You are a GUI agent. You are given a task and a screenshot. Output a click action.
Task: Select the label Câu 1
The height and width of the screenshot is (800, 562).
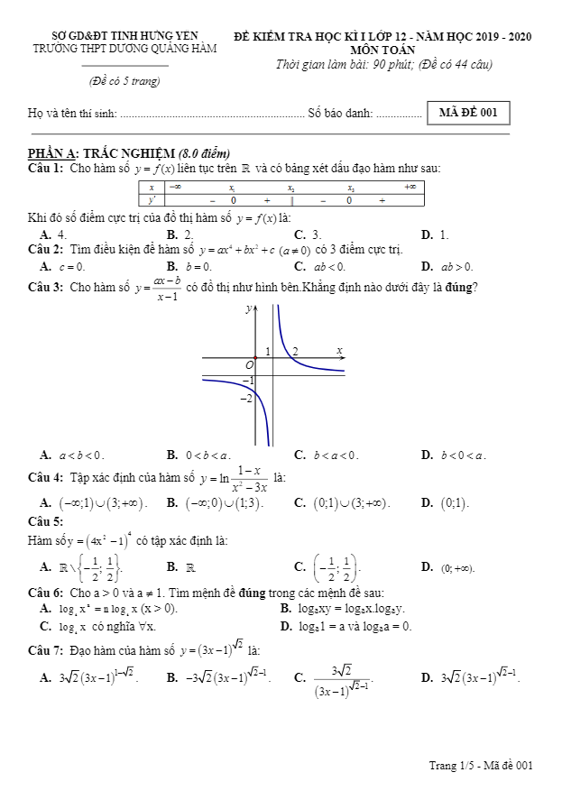tap(45, 168)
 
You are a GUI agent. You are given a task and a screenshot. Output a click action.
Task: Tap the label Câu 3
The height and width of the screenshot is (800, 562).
tap(45, 288)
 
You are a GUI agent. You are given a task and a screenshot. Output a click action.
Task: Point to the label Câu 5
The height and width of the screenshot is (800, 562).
tap(45, 521)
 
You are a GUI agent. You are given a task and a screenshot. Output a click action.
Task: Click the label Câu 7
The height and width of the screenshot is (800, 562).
tap(45, 650)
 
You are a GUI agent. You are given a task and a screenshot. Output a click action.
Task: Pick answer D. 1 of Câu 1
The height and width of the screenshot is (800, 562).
tap(435, 234)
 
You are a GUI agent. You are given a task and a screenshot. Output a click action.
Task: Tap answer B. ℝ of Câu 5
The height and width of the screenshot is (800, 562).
tap(184, 567)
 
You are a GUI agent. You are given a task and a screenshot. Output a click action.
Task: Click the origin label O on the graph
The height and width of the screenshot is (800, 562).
tap(250, 363)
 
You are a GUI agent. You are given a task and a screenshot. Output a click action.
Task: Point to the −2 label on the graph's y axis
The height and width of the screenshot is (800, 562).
tap(244, 399)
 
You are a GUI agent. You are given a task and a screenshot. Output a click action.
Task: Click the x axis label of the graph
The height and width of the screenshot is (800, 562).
tap(339, 350)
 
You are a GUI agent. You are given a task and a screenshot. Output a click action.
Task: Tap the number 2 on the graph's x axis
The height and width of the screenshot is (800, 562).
tap(295, 351)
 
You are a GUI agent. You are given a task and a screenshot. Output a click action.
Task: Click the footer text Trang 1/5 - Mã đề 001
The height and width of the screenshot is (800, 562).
tap(481, 766)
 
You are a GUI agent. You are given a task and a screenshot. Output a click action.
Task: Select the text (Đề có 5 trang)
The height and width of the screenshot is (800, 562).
tap(124, 81)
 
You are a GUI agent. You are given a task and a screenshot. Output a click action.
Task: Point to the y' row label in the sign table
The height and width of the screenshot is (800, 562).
tap(152, 200)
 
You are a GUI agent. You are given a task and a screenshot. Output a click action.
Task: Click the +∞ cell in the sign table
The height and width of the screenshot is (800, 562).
tap(410, 187)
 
